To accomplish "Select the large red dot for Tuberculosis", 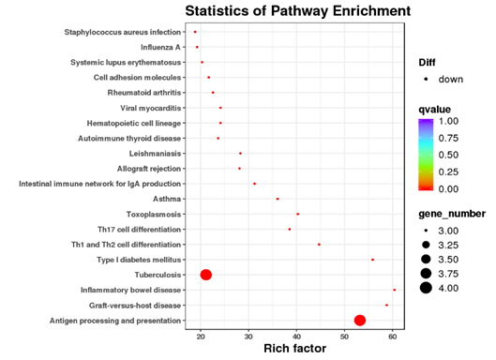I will (206, 275).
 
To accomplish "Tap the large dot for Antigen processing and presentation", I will (359, 321).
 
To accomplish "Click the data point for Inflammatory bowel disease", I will (394, 290).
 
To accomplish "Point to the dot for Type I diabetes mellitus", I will (372, 260).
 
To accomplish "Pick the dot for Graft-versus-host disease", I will (386, 305).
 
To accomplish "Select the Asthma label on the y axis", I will (166, 199).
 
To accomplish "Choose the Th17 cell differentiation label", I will (140, 229).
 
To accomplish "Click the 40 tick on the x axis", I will (296, 336).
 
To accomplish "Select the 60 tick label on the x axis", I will (392, 336).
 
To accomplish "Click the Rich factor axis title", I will (296, 349).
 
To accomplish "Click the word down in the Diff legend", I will (450, 79).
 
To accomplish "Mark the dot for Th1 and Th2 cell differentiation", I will (319, 244).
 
